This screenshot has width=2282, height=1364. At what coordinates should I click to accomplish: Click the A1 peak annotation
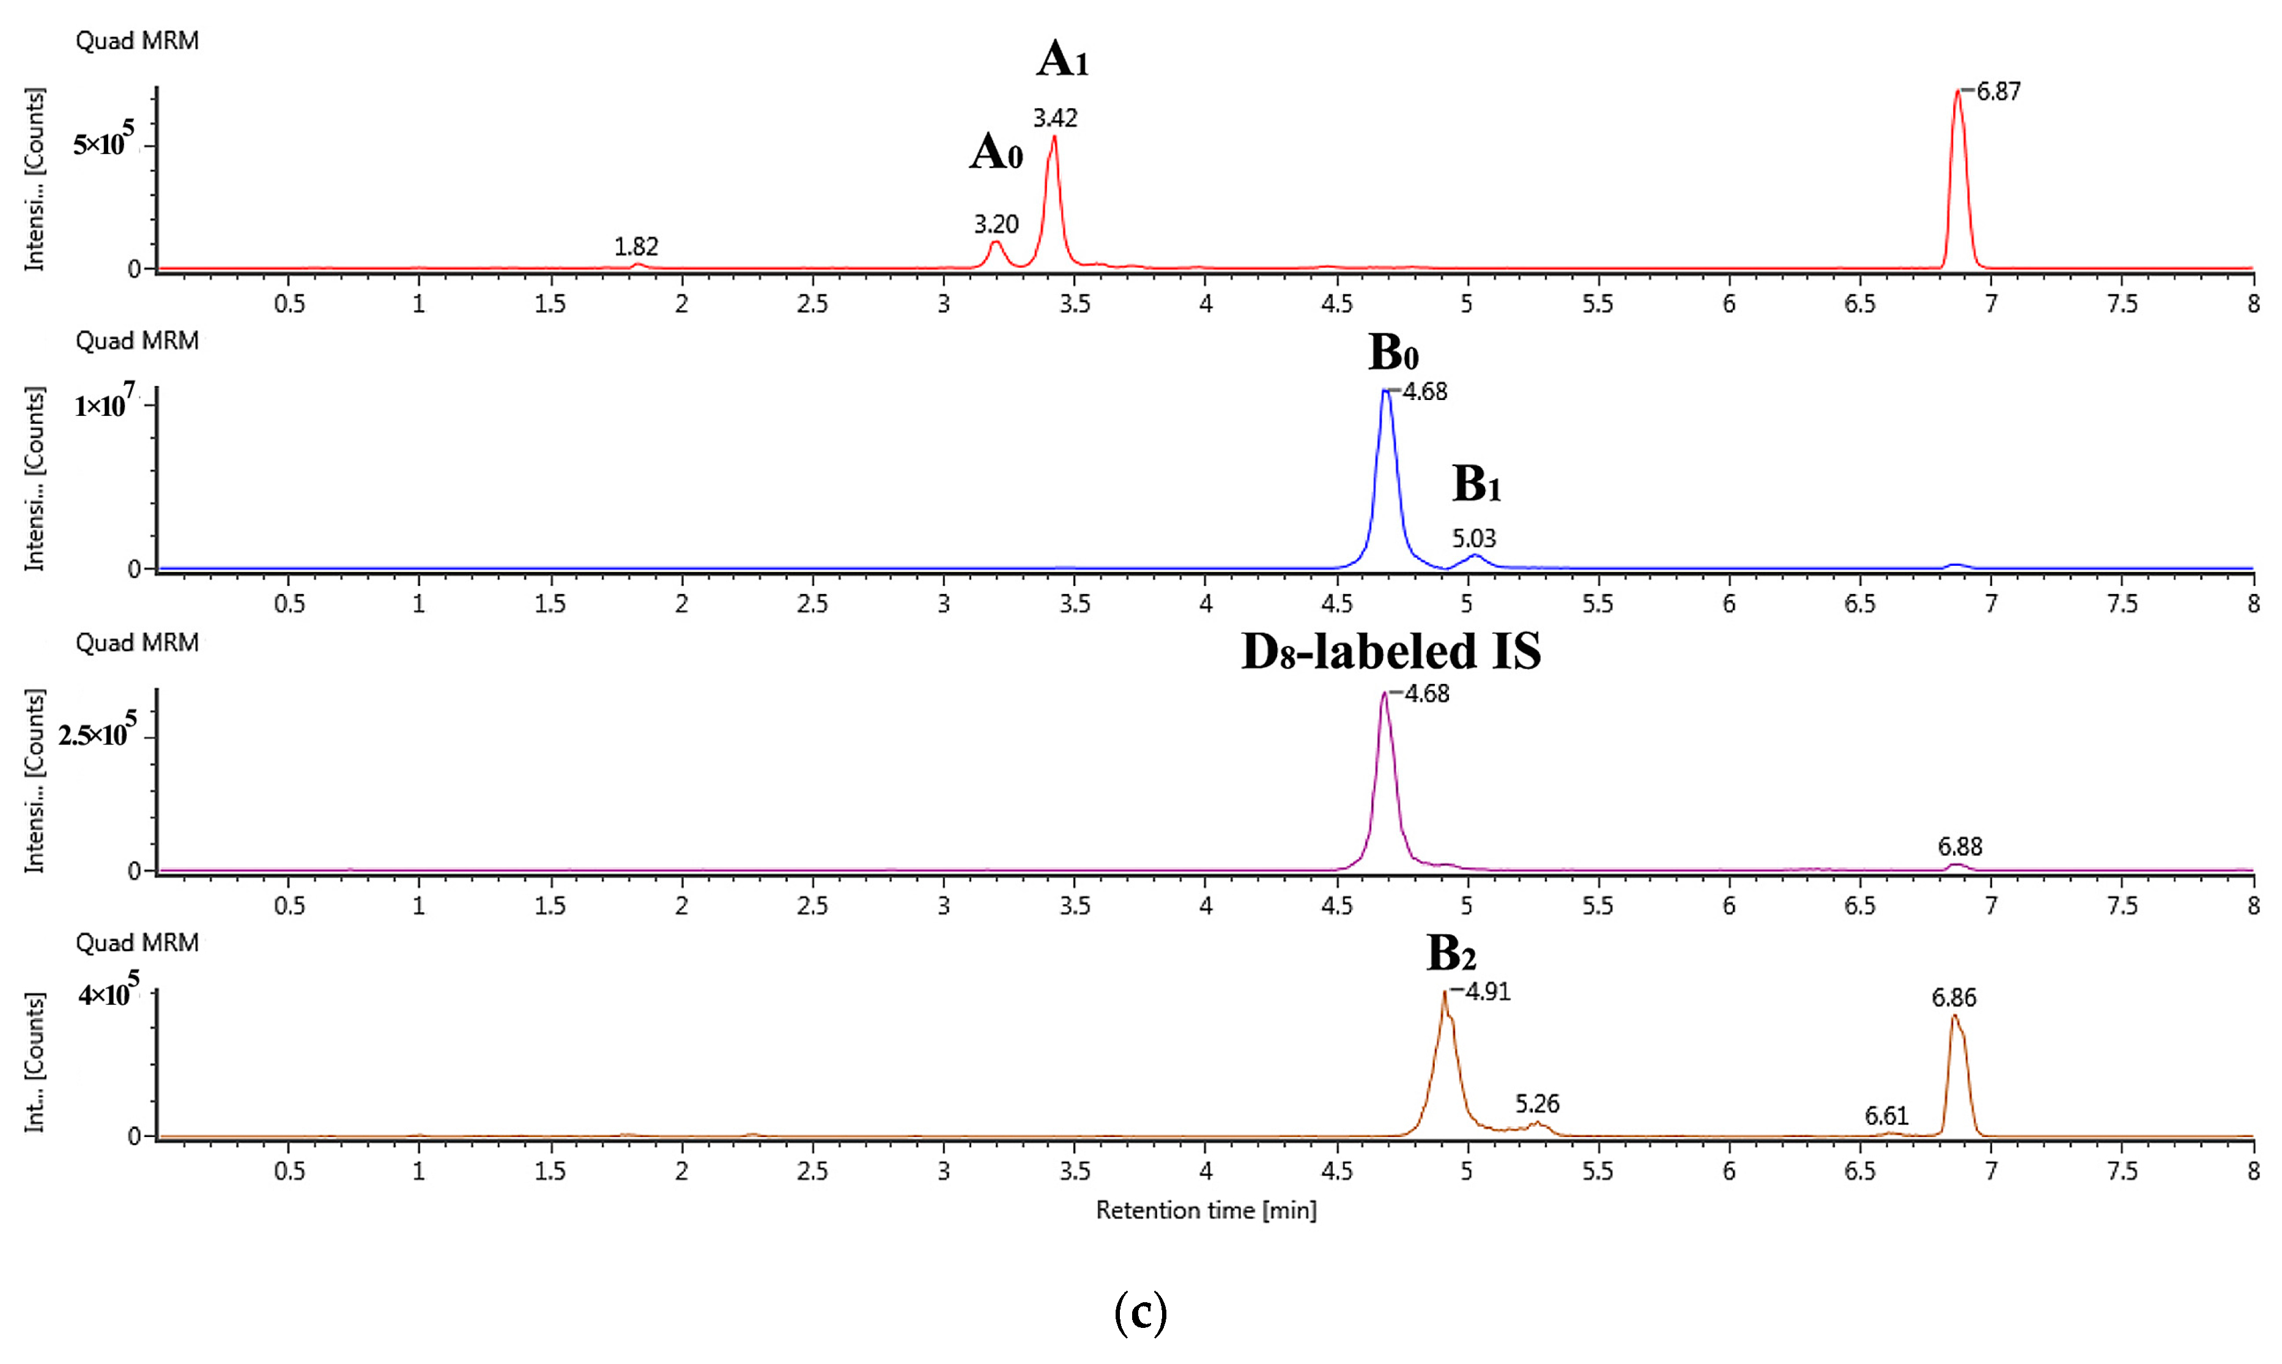point(1062,60)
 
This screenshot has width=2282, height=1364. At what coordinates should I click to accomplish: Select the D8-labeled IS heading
point(1390,651)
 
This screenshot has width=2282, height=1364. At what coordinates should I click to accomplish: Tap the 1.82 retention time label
point(636,247)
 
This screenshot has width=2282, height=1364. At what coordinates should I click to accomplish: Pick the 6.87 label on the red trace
point(1998,92)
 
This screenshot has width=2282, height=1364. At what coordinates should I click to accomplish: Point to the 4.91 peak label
point(1487,991)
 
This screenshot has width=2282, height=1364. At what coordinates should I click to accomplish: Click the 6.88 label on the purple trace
point(1960,847)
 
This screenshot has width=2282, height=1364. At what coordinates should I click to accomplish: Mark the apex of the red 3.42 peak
point(1054,138)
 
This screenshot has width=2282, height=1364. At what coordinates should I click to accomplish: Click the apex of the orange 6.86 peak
point(1954,1015)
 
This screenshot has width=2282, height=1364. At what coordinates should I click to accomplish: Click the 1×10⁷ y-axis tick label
point(104,404)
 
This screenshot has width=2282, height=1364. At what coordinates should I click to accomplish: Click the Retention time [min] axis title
point(1206,1210)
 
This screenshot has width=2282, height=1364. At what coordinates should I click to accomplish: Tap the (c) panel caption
point(1141,1313)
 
